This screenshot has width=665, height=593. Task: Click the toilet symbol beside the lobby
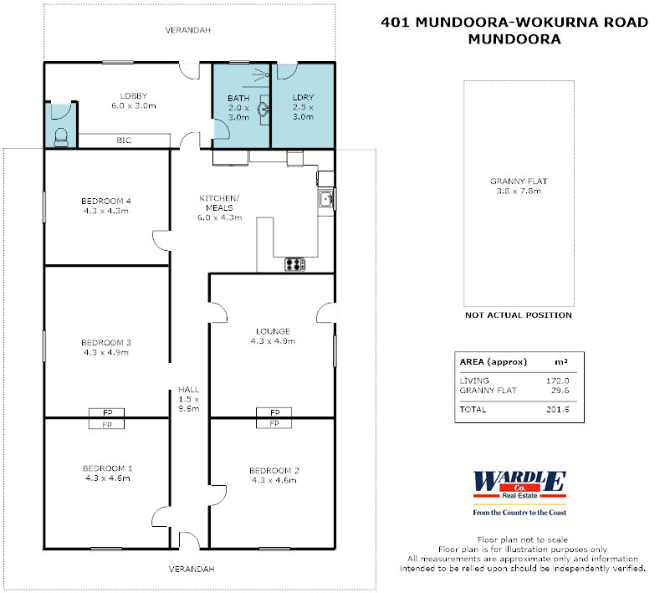[60, 137]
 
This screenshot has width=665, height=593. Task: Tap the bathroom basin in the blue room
[263, 107]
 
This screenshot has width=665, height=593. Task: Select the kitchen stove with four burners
[295, 264]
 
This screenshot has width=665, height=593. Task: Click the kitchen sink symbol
[327, 199]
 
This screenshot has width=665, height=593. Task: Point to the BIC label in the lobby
[123, 141]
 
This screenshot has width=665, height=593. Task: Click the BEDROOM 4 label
[106, 201]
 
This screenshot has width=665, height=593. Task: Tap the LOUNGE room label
[272, 331]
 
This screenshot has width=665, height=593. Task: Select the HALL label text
[187, 391]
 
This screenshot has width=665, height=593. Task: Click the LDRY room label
[303, 98]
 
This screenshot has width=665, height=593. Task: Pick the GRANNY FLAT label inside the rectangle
[519, 181]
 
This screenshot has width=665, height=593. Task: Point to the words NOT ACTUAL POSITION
[519, 315]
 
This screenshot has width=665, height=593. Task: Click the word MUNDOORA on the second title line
[514, 38]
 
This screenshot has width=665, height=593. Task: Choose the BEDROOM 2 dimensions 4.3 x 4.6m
[273, 480]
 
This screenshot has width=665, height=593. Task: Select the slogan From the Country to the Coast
[519, 512]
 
